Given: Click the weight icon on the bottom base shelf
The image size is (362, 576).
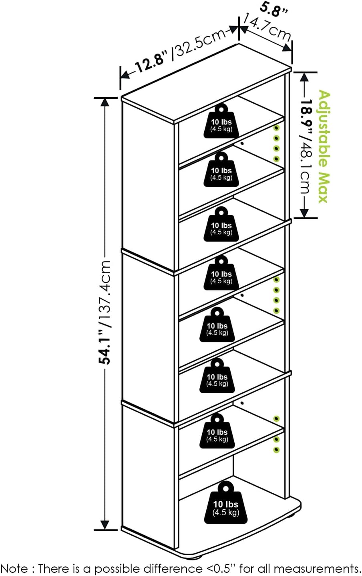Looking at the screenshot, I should (225, 503).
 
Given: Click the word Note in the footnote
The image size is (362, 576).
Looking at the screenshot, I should (14, 568).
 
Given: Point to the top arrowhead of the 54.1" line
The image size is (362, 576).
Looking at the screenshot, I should (105, 102).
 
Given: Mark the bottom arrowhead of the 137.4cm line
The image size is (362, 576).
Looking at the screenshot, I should (105, 524).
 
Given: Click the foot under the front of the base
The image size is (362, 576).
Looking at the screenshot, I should (197, 556).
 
